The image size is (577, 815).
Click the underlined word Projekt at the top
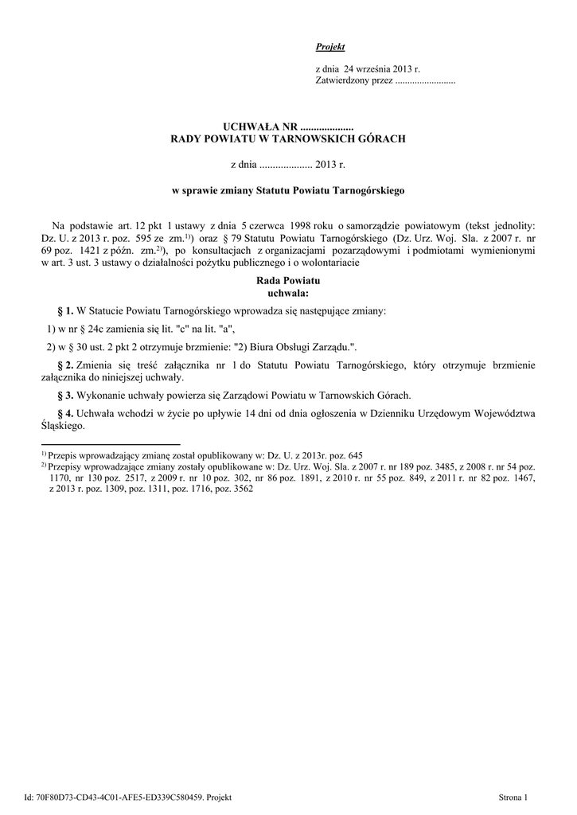(x=330, y=48)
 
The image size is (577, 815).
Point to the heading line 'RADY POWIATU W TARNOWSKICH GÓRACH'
(x=288, y=138)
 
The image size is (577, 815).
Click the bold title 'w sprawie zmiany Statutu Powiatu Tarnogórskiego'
(x=288, y=191)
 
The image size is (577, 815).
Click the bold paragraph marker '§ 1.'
(x=65, y=310)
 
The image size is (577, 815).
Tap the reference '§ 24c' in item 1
(x=90, y=328)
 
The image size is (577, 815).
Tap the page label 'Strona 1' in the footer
(x=513, y=797)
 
